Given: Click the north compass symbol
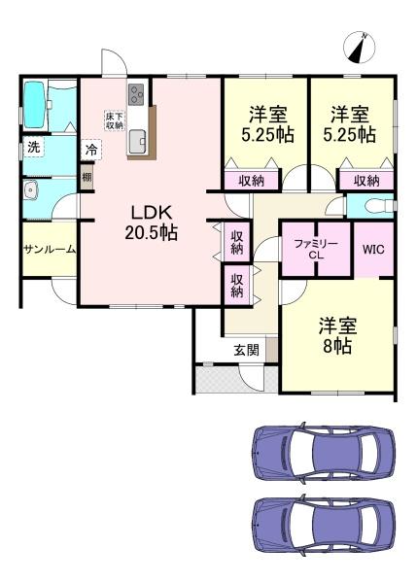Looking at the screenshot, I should tap(360, 47).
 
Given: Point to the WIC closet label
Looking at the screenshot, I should tap(373, 249).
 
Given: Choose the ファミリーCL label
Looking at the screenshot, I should tap(315, 249).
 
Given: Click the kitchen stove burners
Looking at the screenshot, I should tap(135, 95).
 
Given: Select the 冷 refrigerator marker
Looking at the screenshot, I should tap(90, 151).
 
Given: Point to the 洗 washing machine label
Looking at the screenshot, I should tap(33, 149).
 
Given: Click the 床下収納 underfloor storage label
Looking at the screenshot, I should tap(114, 120).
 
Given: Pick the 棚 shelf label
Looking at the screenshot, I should tap(87, 177).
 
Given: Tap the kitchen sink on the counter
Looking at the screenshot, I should tap(137, 139).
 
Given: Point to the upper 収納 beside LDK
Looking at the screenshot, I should tap(237, 242).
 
